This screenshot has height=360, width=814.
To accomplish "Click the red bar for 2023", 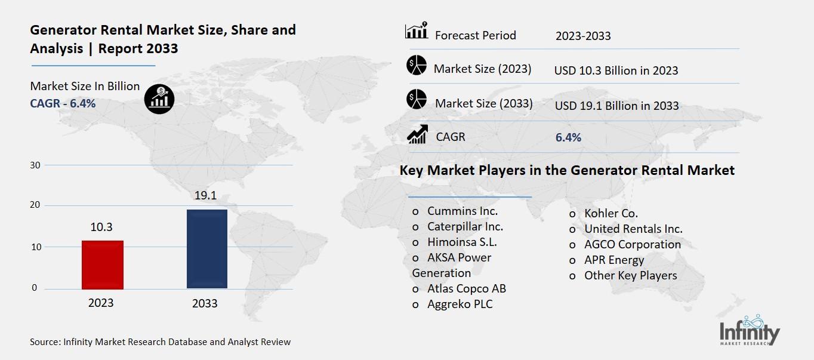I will tap(102, 264).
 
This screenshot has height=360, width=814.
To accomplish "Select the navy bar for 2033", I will tap(206, 248).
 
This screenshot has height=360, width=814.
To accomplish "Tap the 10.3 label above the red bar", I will tap(101, 227).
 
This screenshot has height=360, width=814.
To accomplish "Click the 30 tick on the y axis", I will tap(35, 165).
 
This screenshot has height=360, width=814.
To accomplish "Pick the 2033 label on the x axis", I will tap(205, 303).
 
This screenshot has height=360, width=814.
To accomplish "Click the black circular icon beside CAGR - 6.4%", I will tap(159, 99).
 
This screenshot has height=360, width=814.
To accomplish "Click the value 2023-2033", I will tap(582, 36).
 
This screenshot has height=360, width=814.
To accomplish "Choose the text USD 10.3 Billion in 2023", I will tap(616, 70).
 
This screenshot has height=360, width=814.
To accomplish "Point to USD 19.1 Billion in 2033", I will tap(616, 106).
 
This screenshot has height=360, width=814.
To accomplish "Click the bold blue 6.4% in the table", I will tap(568, 137).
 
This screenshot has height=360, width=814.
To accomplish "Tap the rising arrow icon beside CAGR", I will tap(417, 134).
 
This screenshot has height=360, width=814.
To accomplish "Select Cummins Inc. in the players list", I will tap(462, 211).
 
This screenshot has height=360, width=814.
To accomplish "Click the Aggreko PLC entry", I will tap(460, 304).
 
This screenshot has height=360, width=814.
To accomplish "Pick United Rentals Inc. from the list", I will tap(633, 229).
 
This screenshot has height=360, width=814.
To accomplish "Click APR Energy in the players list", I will tap(613, 260).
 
